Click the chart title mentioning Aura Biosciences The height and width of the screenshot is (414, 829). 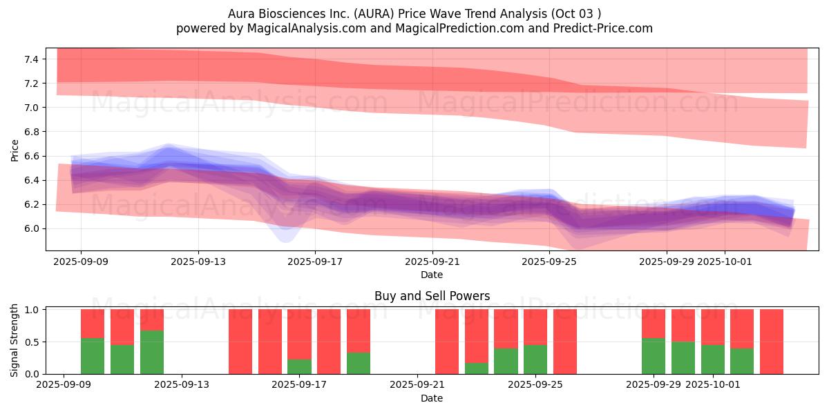pos(414,13)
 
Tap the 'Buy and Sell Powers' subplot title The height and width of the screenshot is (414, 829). pos(432,296)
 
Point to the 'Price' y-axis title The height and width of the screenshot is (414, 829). pos(15,150)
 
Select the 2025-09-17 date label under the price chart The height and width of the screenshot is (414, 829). pos(315,262)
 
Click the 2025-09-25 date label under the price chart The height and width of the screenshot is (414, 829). pos(549,262)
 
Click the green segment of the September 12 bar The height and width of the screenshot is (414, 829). pos(152,352)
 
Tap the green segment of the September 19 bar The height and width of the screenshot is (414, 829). pos(359,363)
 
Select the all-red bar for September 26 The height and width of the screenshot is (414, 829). pos(565,342)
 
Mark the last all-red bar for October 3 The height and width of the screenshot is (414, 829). pos(772,342)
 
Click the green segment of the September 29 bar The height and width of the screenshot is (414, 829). pos(654,356)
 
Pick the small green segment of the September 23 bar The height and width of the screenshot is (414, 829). pos(477,368)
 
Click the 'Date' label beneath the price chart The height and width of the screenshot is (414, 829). pos(432,275)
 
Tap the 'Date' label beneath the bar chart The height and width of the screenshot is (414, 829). pos(432,398)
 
